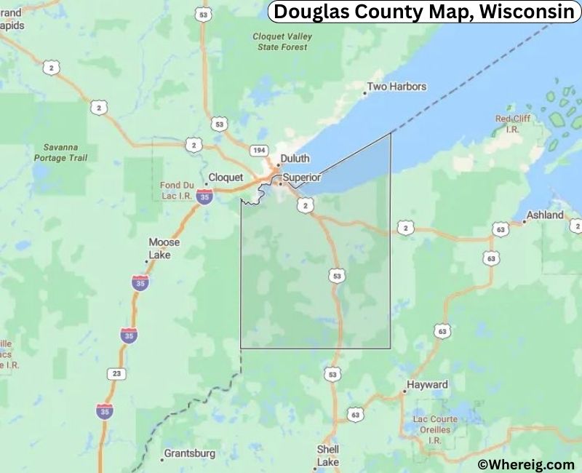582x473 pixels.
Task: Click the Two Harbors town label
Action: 396,87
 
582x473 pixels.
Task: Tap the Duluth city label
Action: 295,159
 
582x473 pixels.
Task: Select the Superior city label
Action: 301,177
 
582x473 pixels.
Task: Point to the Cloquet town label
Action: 226,177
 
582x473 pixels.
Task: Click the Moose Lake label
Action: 159,248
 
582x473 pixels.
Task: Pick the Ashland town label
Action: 546,215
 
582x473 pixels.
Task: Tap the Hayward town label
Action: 428,384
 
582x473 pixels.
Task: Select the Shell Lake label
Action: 327,456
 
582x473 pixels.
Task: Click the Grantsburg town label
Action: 189,453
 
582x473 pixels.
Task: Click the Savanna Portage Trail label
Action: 60,152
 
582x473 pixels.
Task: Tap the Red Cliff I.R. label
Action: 513,123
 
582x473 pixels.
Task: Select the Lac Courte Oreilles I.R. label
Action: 435,429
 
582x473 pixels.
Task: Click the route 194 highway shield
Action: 257,150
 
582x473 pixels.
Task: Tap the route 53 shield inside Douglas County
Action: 335,276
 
